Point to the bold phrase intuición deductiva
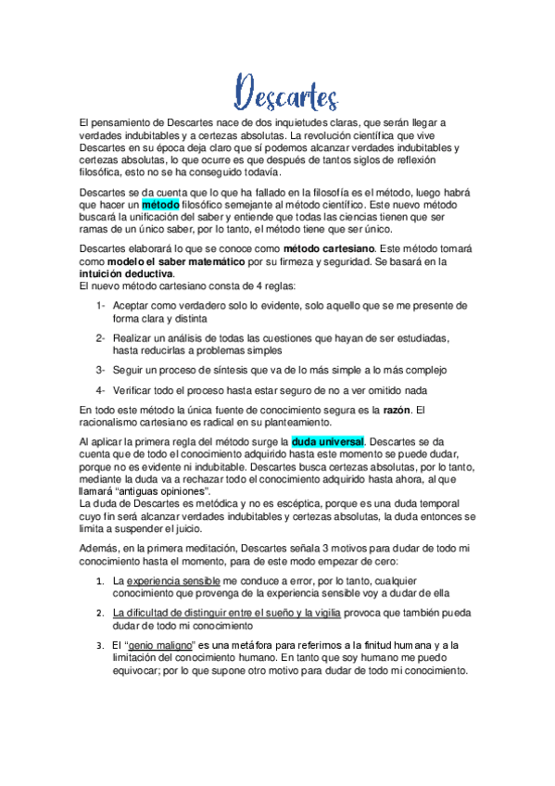pos(127,274)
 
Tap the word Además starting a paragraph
pos(101,549)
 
